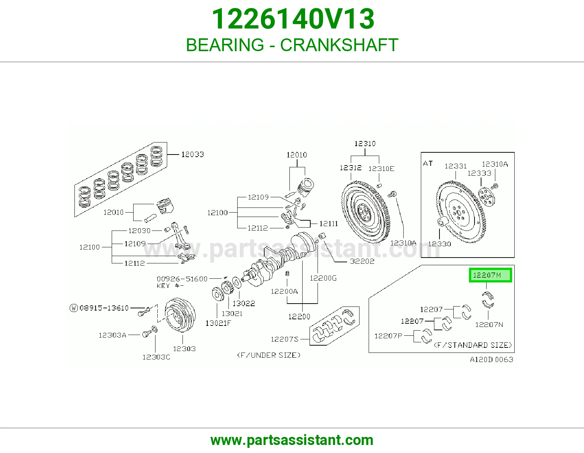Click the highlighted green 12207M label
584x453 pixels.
[x=490, y=275]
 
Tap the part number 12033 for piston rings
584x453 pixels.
[x=193, y=155]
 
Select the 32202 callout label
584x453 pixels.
[x=362, y=261]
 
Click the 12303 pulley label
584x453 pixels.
[x=184, y=349]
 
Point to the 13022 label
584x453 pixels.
[x=244, y=304]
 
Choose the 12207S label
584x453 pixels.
[x=285, y=339]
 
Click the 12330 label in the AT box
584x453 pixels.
[x=440, y=244]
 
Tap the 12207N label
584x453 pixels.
[x=489, y=325]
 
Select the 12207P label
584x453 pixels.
[x=388, y=336]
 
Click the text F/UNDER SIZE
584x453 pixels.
[x=269, y=355]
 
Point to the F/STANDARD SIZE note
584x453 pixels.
[x=473, y=345]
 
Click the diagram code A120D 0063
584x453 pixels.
[x=492, y=359]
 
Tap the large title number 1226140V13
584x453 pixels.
[x=293, y=19]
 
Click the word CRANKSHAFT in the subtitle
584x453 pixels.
[x=339, y=45]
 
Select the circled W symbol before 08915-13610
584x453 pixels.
[x=74, y=308]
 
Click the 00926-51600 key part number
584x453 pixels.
[x=182, y=279]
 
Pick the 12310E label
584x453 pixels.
[x=381, y=169]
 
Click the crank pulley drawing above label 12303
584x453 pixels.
[x=180, y=315]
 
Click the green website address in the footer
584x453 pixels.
[x=292, y=440]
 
